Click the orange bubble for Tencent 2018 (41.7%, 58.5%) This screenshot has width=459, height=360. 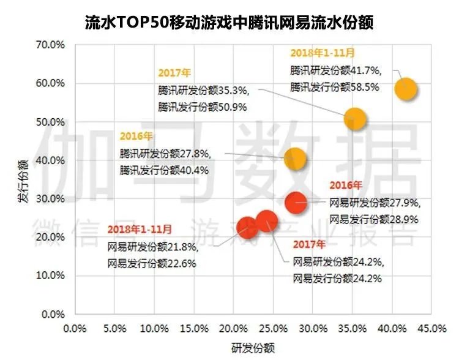point(406,89)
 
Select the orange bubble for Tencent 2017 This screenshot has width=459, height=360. point(354,119)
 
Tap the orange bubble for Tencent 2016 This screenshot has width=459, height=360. point(295,159)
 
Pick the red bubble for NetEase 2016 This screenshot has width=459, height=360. point(296,201)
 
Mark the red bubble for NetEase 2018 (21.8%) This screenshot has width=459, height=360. point(247,228)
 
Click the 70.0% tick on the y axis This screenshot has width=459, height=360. point(51,45)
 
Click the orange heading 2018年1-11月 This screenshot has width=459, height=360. point(322,53)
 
